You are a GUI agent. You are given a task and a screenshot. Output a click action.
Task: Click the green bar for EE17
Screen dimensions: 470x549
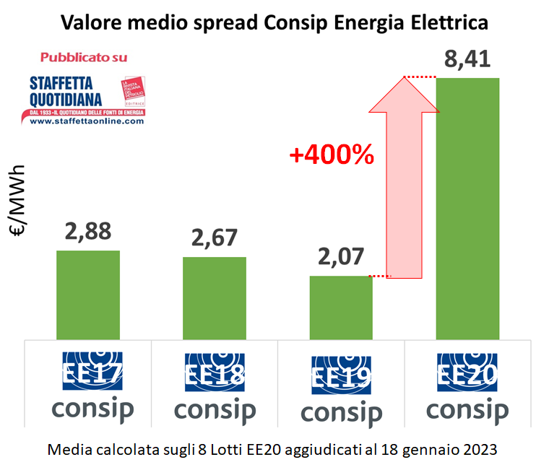point(87,295)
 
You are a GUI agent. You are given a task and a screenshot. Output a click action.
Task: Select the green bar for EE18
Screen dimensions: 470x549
point(214,297)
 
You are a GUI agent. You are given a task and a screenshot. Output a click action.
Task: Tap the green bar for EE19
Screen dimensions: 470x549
point(341,307)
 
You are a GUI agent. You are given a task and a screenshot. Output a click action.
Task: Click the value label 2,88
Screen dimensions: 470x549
point(88,231)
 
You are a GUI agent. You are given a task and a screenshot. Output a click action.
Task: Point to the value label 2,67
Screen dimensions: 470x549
point(215,238)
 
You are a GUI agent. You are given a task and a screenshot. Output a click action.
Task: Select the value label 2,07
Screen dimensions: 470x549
point(340,257)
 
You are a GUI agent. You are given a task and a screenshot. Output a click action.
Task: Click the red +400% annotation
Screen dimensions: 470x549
point(332,155)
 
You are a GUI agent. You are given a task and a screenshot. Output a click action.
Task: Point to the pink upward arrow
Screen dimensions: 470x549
point(404,180)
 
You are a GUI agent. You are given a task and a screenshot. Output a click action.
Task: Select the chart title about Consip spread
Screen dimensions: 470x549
point(274,22)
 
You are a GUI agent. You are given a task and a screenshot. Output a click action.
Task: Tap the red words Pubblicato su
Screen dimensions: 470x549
point(84,57)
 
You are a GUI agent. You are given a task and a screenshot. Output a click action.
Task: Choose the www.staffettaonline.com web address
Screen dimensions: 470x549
point(87,121)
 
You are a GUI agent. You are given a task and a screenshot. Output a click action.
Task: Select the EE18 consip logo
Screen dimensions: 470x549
point(215,387)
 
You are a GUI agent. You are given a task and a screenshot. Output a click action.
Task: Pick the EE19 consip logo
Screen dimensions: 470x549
point(341,390)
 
